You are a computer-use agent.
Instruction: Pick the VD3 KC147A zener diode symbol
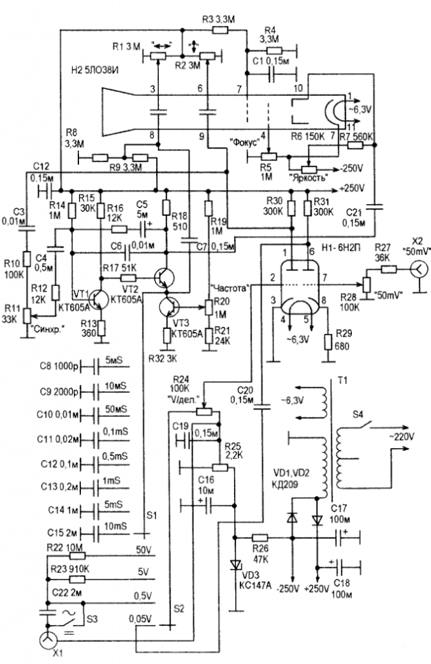235,563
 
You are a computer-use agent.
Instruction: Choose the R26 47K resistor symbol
259,538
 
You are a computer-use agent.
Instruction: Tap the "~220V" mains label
406,437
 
